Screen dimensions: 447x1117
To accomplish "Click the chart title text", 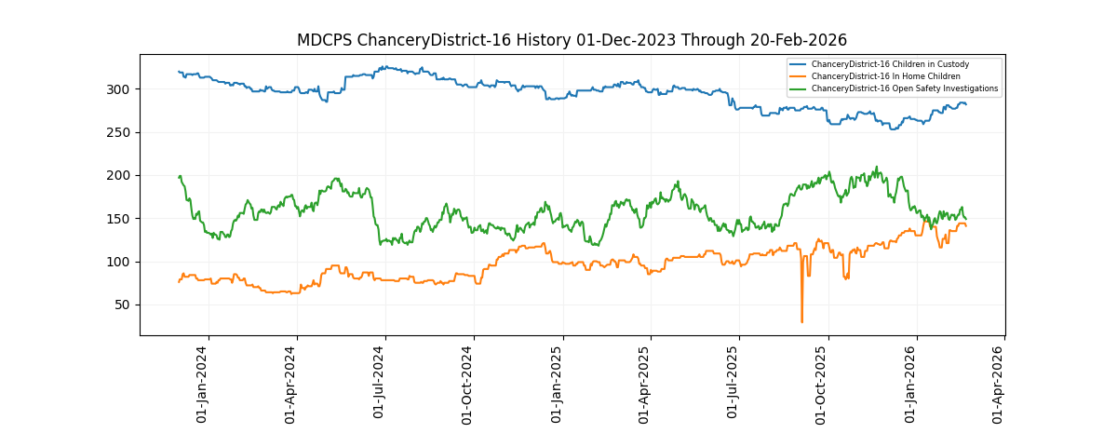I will (572, 40).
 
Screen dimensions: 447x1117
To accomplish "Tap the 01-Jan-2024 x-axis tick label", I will (203, 384).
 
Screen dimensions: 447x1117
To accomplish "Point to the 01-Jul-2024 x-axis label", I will (380, 384).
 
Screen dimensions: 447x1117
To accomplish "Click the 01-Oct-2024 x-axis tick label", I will (468, 384).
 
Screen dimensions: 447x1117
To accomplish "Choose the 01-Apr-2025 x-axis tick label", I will (645, 384).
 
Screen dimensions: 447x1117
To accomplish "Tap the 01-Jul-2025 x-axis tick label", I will (733, 384).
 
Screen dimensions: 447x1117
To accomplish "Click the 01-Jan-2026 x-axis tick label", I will (911, 384).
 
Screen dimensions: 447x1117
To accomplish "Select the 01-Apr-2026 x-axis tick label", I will (999, 384).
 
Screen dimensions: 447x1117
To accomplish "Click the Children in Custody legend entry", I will (890, 64).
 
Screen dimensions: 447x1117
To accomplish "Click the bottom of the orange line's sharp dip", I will (801, 321).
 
